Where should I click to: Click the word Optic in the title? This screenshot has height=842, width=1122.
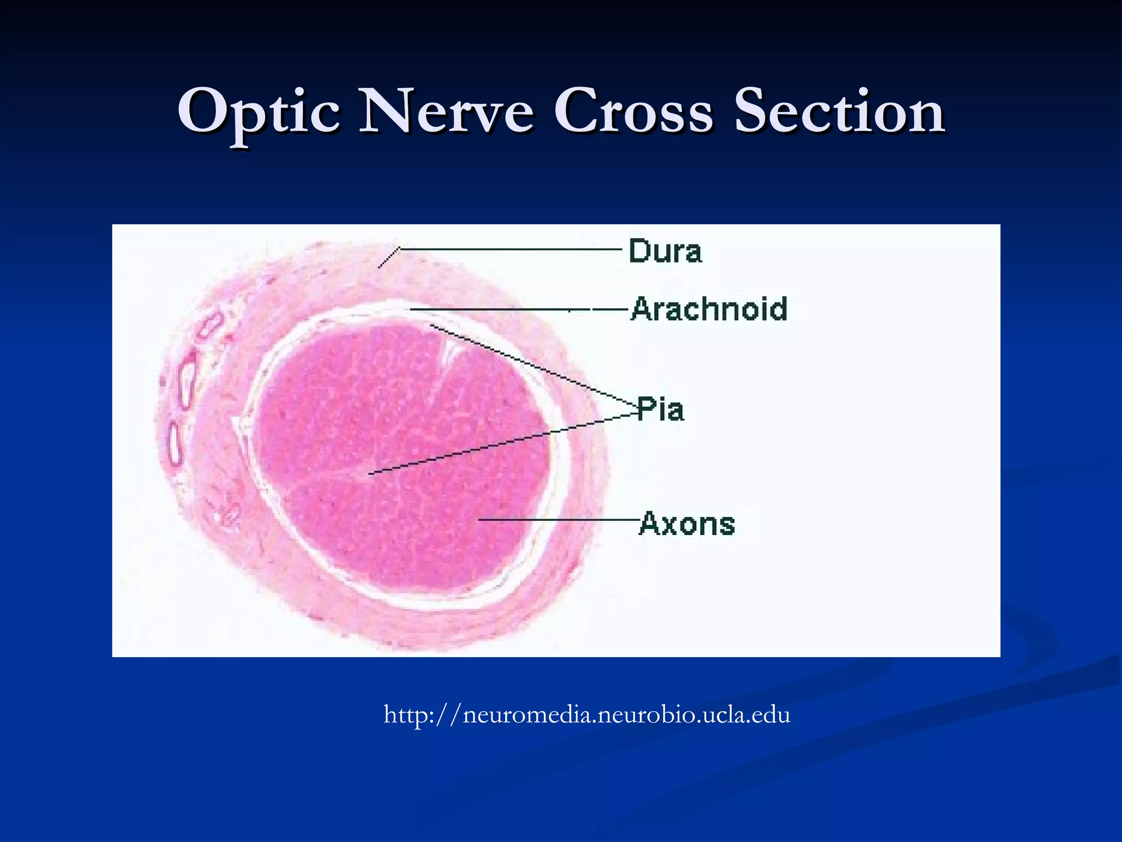tap(258, 112)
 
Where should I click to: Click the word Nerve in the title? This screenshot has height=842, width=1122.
tap(446, 112)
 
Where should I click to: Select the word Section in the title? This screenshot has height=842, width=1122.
tap(838, 112)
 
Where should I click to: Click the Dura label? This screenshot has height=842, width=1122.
tap(665, 251)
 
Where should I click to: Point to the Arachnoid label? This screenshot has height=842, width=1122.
tap(709, 309)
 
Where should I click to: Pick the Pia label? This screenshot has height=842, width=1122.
tap(661, 409)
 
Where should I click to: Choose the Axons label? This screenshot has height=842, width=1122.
tap(687, 523)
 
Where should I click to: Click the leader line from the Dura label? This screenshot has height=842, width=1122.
tap(510, 249)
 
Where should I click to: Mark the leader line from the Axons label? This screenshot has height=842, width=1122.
tap(559, 519)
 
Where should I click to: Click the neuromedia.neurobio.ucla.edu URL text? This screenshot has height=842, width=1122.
tap(587, 715)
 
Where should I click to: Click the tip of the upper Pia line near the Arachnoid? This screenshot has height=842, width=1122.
tap(432, 326)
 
